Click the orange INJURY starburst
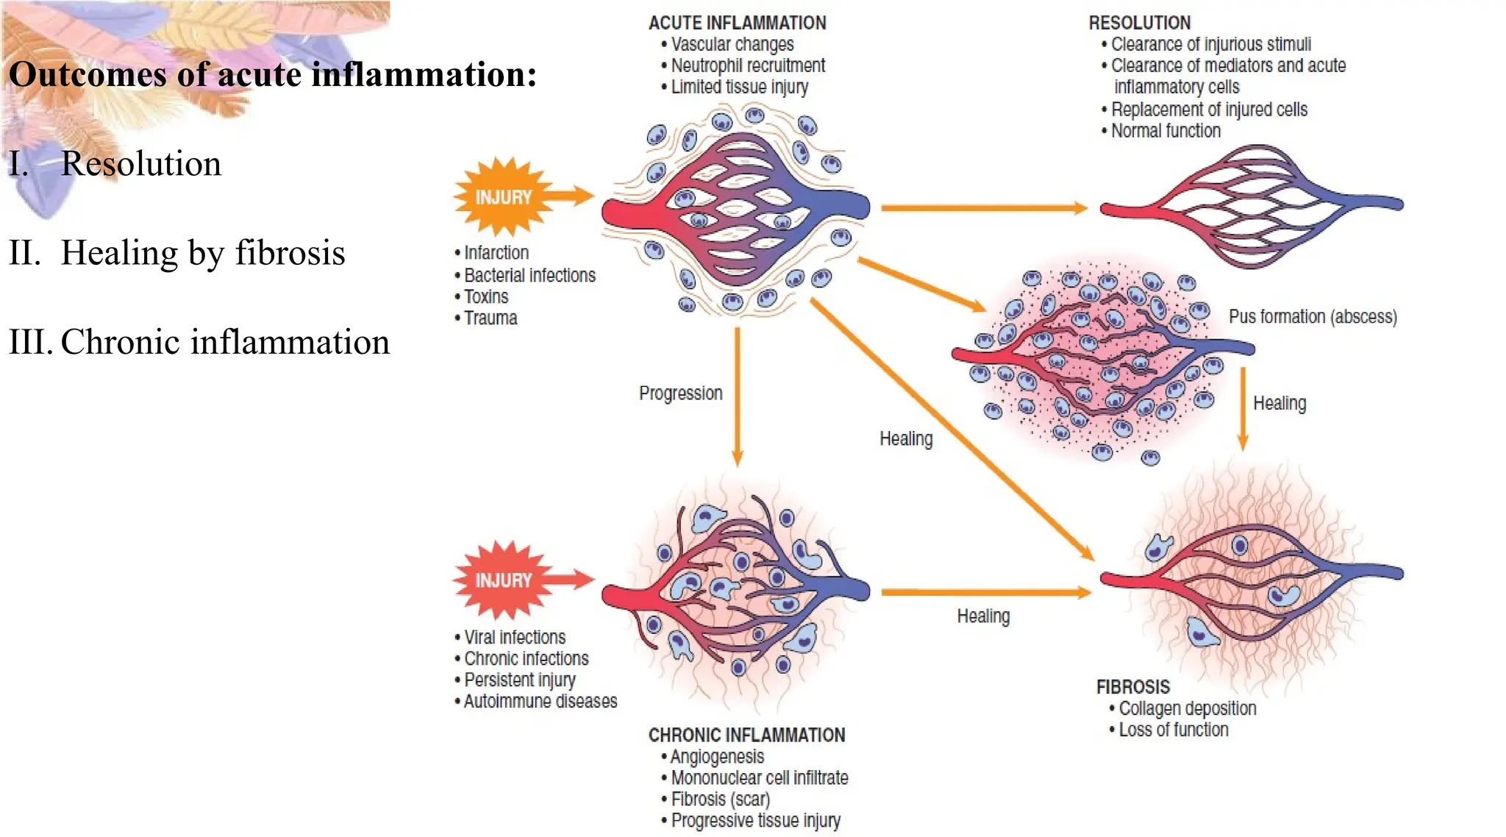(504, 197)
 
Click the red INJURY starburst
(504, 580)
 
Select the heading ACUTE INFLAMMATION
(737, 23)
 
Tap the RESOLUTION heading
(1139, 23)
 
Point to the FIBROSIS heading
(1132, 687)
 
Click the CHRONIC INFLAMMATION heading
(746, 735)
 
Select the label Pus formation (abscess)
(1313, 317)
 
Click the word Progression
(680, 393)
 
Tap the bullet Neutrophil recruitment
(748, 65)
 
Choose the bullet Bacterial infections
(529, 275)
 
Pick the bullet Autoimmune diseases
(540, 701)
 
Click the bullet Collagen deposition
(1187, 708)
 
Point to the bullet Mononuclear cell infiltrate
(759, 777)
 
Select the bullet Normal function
(1166, 131)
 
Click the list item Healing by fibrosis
(202, 253)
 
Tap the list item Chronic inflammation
(224, 342)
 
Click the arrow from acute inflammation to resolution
(984, 208)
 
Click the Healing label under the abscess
(1280, 403)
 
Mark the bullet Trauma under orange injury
(490, 318)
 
